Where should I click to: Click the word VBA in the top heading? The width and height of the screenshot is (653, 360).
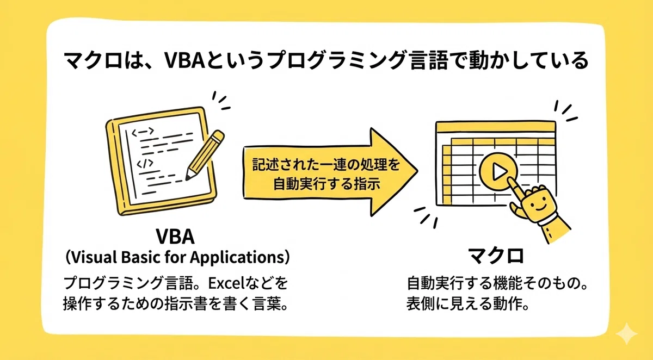click(184, 60)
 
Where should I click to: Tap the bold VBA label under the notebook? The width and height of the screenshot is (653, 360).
click(175, 237)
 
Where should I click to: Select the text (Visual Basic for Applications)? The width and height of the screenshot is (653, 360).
click(177, 257)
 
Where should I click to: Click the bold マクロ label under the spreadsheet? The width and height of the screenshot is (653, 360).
click(496, 256)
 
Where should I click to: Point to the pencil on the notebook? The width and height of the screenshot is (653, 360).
click(205, 154)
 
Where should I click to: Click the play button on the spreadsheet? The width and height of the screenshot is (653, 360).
click(498, 171)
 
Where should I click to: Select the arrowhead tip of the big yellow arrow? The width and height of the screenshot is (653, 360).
click(417, 171)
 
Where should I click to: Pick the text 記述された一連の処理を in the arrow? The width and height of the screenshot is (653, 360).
click(326, 165)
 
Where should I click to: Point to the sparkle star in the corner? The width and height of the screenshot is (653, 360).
click(626, 334)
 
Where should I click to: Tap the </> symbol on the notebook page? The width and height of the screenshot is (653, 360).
click(145, 164)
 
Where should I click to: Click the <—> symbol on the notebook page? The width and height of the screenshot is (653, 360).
click(143, 132)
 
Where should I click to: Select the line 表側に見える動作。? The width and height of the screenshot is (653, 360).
click(467, 304)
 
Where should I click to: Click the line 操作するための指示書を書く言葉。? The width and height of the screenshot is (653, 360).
click(176, 304)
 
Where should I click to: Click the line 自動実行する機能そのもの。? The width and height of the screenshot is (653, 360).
click(497, 283)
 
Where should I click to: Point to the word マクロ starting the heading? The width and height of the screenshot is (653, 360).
click(93, 61)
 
